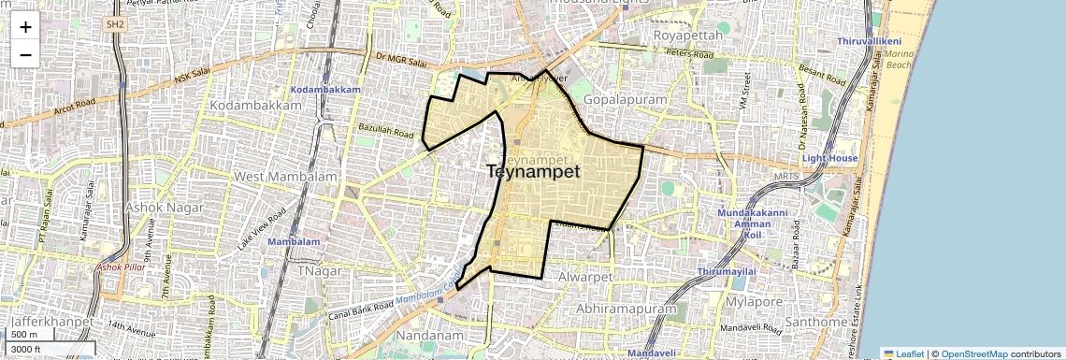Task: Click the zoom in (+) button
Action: [25, 27]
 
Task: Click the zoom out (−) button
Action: [25, 54]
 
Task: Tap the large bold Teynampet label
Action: [533, 172]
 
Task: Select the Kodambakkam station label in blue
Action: [325, 89]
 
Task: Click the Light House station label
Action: [829, 159]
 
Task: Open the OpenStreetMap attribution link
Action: [973, 353]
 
